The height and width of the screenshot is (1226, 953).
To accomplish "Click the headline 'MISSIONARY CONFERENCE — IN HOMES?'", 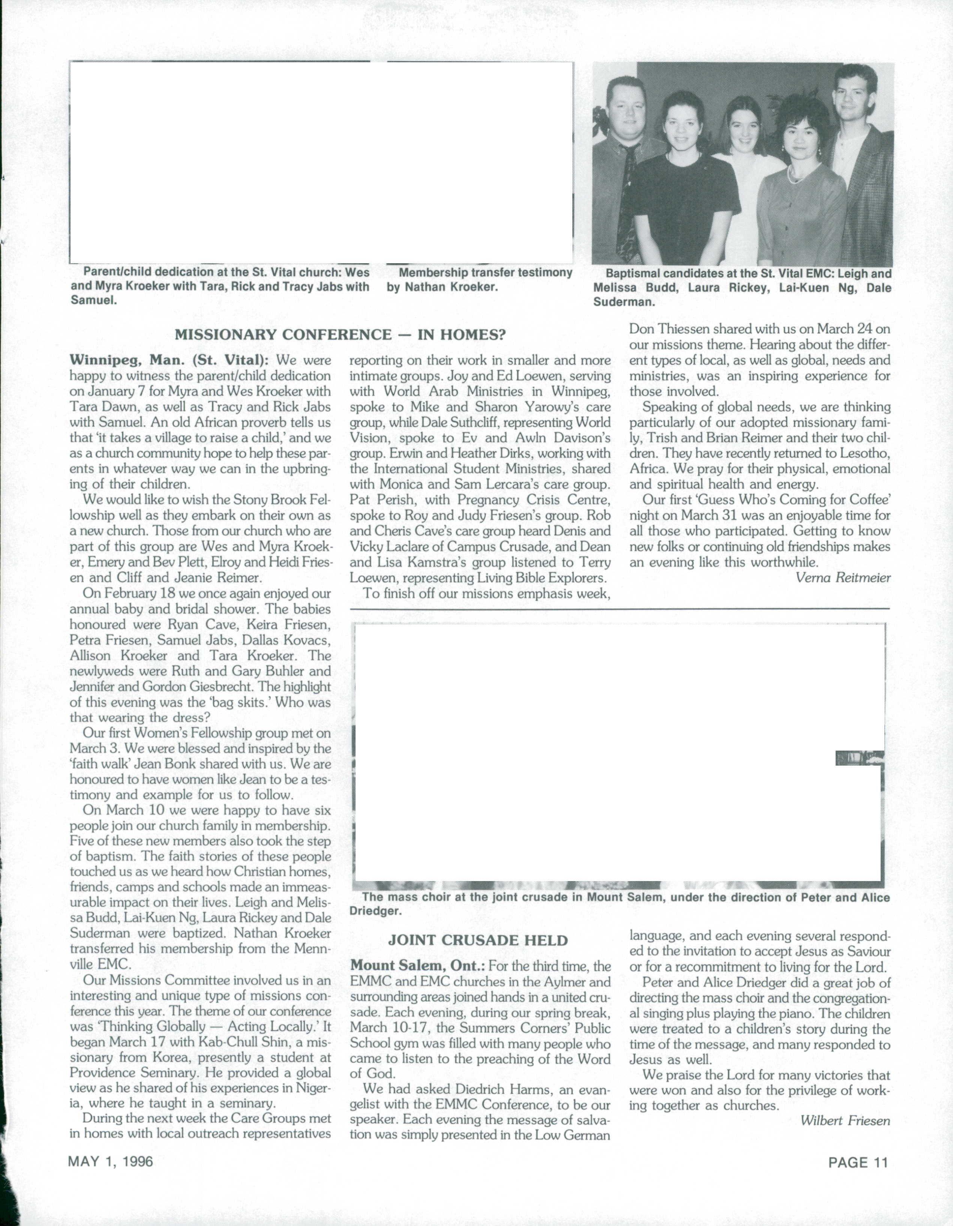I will (340, 335).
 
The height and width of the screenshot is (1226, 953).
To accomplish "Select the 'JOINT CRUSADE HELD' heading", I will (478, 940).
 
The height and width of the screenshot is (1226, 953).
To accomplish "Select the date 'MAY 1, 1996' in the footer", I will (111, 1161).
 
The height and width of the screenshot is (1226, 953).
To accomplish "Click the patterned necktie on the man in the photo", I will (627, 202).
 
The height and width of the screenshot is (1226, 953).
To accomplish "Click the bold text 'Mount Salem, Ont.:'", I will (418, 967).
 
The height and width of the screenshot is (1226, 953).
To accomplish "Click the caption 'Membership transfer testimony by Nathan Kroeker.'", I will (479, 280).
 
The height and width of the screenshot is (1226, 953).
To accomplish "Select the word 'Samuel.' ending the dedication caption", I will (94, 300).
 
